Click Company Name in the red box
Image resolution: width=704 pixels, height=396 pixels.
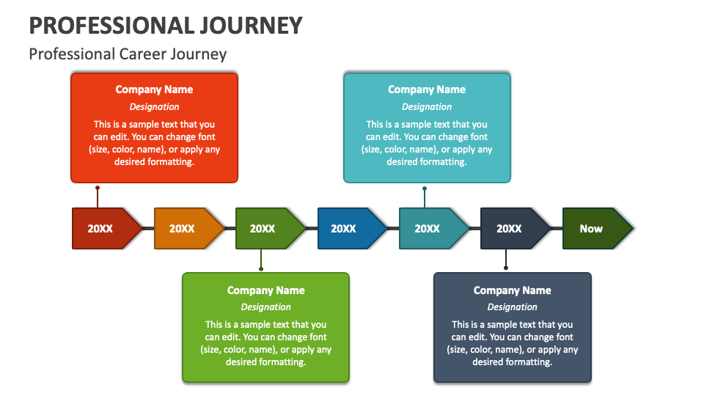pyautogui.click(x=154, y=89)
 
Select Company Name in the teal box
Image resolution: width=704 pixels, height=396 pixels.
pyautogui.click(x=427, y=89)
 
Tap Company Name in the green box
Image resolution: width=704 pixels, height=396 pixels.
pyautogui.click(x=265, y=290)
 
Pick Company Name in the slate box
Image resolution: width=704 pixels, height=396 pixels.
pyautogui.click(x=512, y=290)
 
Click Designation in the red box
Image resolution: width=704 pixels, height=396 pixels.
pyautogui.click(x=154, y=107)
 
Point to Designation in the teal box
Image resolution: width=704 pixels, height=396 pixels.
pyautogui.click(x=427, y=107)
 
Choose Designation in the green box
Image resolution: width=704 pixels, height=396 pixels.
pyautogui.click(x=265, y=307)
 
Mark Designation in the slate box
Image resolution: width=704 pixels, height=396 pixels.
pyautogui.click(x=512, y=307)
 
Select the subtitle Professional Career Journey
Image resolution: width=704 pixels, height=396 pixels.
pyautogui.click(x=128, y=54)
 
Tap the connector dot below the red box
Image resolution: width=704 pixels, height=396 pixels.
pyautogui.click(x=98, y=188)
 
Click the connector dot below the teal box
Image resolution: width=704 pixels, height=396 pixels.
pyautogui.click(x=425, y=188)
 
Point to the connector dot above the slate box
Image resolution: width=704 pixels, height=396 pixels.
pyautogui.click(x=506, y=268)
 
